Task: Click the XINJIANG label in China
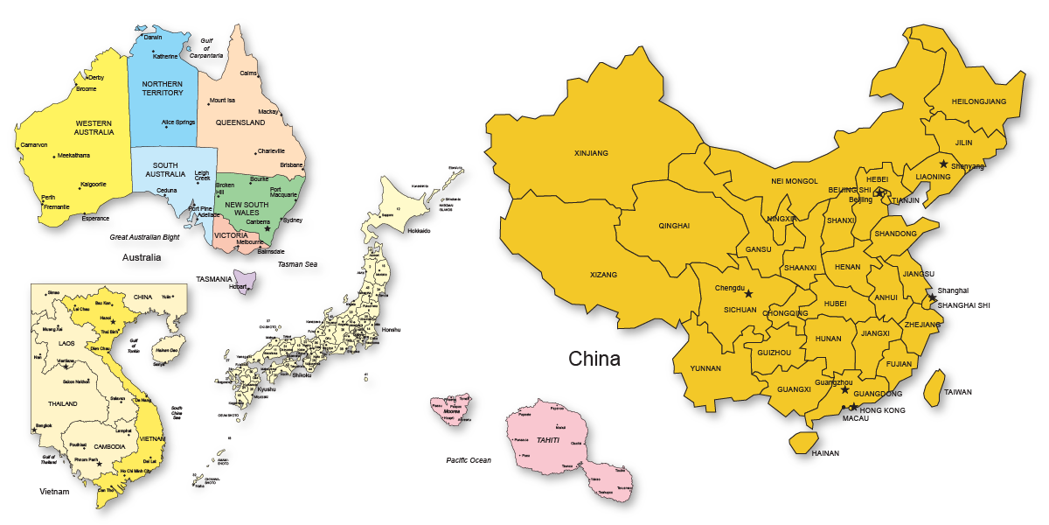coord(591,153)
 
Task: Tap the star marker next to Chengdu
coord(747,294)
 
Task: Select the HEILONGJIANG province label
coord(979,101)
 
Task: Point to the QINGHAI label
coord(674,226)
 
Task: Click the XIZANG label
coord(603,275)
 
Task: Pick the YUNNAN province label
coord(705,368)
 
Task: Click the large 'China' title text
coord(594,359)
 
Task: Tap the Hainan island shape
coord(802,442)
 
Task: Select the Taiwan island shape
coord(934,387)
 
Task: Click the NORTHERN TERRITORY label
coord(163,87)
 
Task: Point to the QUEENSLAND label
coord(241,123)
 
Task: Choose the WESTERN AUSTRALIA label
coord(94,128)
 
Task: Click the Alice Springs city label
coord(178,122)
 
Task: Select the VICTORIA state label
coord(231,235)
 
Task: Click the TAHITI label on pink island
coord(547,440)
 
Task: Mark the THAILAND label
coord(63,404)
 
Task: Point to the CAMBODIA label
coord(111,447)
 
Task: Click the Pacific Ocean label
coord(469,460)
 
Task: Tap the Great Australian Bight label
coord(144,237)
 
